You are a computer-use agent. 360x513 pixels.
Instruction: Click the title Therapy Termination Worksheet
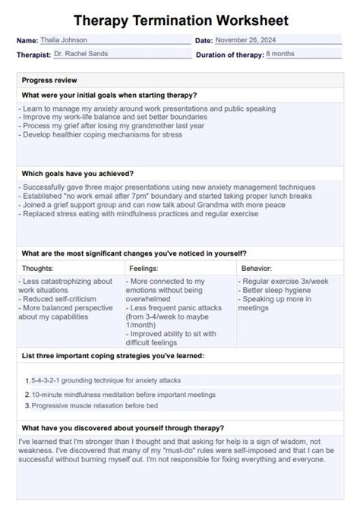pyautogui.click(x=181, y=20)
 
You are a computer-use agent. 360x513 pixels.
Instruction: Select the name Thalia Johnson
pyautogui.click(x=64, y=40)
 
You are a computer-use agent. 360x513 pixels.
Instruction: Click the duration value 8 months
pyautogui.click(x=279, y=54)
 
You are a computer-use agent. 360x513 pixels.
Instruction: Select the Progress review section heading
pyautogui.click(x=49, y=80)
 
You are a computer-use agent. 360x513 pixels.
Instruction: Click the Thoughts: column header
pyautogui.click(x=38, y=268)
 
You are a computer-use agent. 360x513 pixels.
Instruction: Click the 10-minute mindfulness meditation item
pyautogui.click(x=123, y=395)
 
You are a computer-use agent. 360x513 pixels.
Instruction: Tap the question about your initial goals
pyautogui.click(x=109, y=95)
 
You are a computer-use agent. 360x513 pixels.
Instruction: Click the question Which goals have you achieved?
pyautogui.click(x=77, y=173)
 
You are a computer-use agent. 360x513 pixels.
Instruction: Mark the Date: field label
pyautogui.click(x=204, y=40)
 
